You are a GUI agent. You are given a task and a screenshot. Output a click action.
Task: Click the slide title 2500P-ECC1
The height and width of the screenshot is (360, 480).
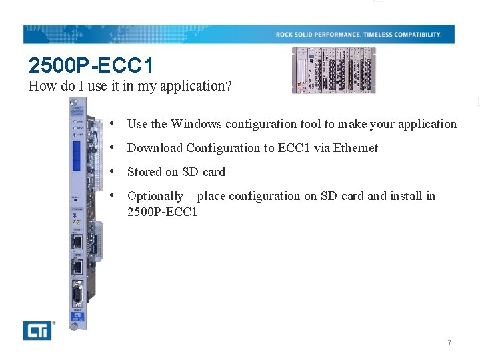pos(91,65)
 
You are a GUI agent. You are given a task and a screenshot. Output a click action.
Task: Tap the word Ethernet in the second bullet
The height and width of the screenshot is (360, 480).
pos(355,148)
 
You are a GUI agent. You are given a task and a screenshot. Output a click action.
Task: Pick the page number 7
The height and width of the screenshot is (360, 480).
pos(449,343)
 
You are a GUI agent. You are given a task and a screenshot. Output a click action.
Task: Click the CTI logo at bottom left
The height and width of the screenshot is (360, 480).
pos(37,330)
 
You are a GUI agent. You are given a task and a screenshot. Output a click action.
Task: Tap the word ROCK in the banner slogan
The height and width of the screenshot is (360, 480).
pos(285,35)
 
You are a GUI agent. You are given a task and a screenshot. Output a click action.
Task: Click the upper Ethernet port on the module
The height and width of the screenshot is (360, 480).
pos(77,241)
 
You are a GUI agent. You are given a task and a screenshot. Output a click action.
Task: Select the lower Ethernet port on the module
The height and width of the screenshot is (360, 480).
pos(77,267)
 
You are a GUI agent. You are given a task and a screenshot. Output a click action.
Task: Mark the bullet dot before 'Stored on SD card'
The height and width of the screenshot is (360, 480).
pos(115,171)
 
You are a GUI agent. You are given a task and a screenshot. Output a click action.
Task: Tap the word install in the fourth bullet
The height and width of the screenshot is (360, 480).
pos(407,196)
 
